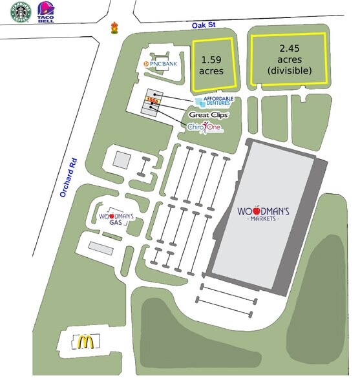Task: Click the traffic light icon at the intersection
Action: tap(115, 28)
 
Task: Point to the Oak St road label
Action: tap(204, 25)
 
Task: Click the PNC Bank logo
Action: tap(161, 64)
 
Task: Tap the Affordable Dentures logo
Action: tap(211, 101)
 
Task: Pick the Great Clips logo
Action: tap(208, 114)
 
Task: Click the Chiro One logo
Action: tap(205, 129)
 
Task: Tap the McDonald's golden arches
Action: tap(83, 342)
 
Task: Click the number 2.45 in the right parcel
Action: tap(290, 48)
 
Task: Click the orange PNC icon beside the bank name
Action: tap(147, 64)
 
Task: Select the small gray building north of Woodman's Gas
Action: tap(122, 158)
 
